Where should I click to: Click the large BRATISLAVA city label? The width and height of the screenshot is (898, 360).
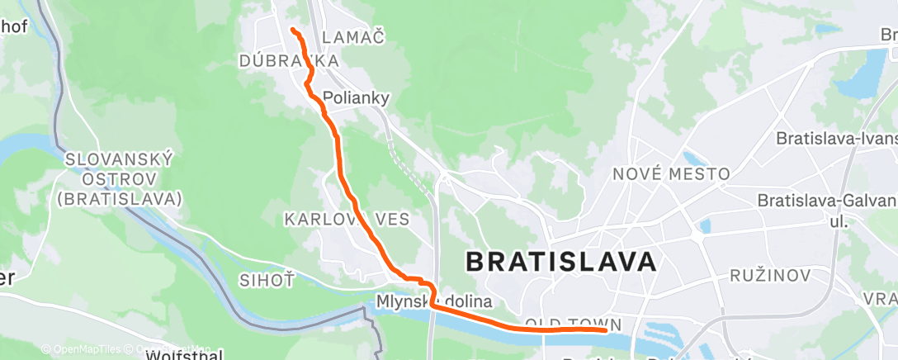(561, 262)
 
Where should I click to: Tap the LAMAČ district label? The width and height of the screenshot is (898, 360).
(354, 36)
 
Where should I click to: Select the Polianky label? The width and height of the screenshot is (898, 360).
(356, 97)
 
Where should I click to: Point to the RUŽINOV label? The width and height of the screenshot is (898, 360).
(769, 274)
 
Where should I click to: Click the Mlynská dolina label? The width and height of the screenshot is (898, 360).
(434, 301)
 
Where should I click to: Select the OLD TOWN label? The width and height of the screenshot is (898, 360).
(571, 324)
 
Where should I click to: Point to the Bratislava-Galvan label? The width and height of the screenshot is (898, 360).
(826, 201)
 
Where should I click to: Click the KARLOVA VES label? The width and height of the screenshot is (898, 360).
(341, 220)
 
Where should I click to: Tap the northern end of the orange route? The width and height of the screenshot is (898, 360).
(293, 31)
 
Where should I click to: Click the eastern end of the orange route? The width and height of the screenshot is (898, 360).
(606, 329)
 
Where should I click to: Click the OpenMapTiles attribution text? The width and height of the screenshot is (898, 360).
(80, 349)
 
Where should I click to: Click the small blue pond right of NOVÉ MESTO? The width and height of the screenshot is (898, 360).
(691, 159)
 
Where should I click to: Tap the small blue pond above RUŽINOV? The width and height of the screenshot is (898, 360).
(704, 225)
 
